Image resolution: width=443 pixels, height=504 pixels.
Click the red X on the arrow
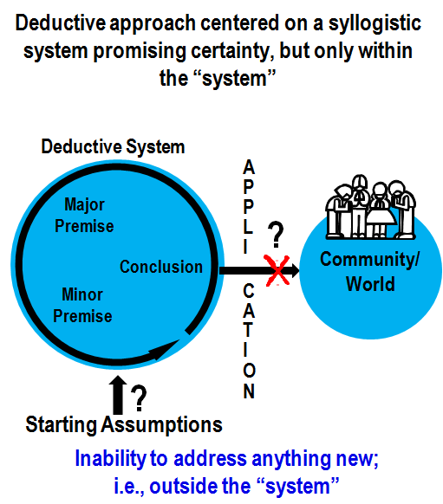tap(277, 270)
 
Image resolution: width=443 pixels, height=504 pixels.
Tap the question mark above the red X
tap(276, 235)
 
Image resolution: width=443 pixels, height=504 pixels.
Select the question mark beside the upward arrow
tap(139, 398)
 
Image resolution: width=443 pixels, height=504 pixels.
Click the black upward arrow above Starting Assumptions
tap(118, 395)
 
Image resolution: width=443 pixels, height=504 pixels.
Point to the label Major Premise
tap(84, 215)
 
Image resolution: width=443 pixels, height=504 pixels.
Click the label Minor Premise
tap(82, 305)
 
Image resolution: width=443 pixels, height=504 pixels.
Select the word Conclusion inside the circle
tap(161, 267)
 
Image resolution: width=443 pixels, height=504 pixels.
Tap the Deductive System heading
tap(113, 147)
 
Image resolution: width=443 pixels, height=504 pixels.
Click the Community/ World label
tap(370, 272)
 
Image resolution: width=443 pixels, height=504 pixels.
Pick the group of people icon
tap(371, 207)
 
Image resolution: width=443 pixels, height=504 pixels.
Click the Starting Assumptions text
tap(124, 425)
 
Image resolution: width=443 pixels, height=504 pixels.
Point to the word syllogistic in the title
tap(375, 23)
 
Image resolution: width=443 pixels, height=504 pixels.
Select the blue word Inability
tap(110, 459)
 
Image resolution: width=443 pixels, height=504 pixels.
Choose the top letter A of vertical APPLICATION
tap(249, 167)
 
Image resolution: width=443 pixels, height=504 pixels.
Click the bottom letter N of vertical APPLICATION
tap(249, 391)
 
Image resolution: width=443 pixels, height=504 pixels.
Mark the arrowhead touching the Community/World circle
tap(292, 270)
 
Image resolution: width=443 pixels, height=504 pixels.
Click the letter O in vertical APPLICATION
tap(249, 371)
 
